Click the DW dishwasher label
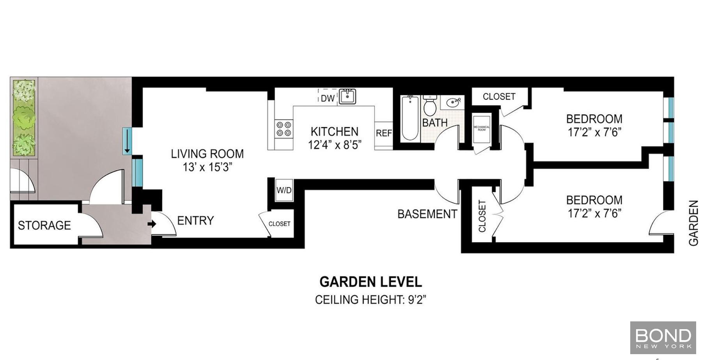pyautogui.click(x=328, y=98)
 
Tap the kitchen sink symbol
pyautogui.click(x=347, y=96)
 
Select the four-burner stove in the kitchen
pyautogui.click(x=284, y=129)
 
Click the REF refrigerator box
pyautogui.click(x=384, y=133)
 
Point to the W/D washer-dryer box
pyautogui.click(x=284, y=190)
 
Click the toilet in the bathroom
pyautogui.click(x=430, y=104)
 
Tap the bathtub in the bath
pyautogui.click(x=410, y=118)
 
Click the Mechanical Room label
pyautogui.click(x=481, y=128)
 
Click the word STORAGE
pyautogui.click(x=44, y=225)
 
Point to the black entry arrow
pyautogui.click(x=152, y=224)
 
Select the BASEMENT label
pyautogui.click(x=427, y=214)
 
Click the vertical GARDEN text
pyautogui.click(x=693, y=223)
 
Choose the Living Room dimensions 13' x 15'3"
pyautogui.click(x=207, y=167)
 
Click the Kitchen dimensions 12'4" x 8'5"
pyautogui.click(x=335, y=145)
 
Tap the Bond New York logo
pyautogui.click(x=663, y=338)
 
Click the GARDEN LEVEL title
pyautogui.click(x=370, y=282)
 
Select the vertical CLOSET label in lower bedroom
pyautogui.click(x=482, y=216)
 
